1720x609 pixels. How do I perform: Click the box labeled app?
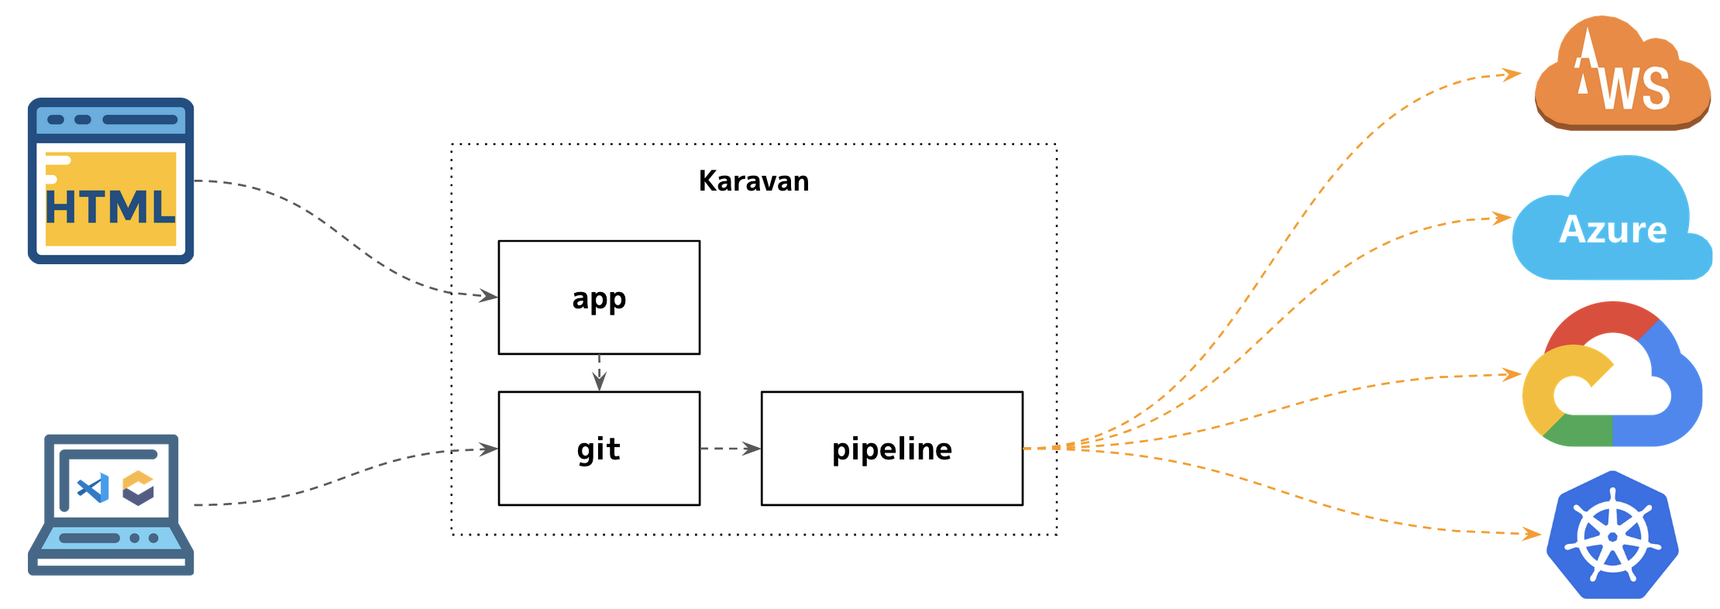point(599,298)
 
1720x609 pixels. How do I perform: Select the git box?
point(599,449)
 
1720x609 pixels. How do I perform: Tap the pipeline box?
point(892,449)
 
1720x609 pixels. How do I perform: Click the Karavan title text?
point(753,181)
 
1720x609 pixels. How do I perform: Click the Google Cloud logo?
point(1612,376)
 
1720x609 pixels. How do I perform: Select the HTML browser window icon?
point(111,181)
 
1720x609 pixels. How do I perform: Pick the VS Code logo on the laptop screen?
point(93,488)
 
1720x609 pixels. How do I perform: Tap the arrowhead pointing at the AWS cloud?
point(1512,74)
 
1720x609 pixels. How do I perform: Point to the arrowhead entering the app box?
point(488,296)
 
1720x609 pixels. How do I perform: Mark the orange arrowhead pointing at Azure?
point(1502,218)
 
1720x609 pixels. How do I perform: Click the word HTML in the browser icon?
point(111,208)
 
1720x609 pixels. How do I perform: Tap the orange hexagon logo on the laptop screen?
point(139,488)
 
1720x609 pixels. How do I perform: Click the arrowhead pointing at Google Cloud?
point(1512,375)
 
